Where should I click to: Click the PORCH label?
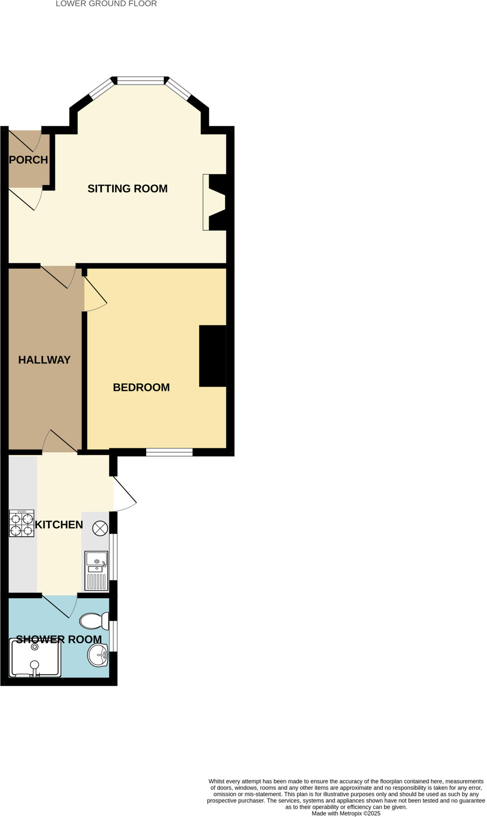click(28, 160)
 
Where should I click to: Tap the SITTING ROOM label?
click(127, 189)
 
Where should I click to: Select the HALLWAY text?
click(44, 360)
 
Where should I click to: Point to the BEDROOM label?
click(141, 387)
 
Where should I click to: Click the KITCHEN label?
click(59, 525)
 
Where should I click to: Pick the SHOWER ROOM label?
click(59, 639)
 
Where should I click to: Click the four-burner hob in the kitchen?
click(22, 523)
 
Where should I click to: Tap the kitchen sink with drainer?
click(96, 570)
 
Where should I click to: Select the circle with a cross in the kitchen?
click(100, 529)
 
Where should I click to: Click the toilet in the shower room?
click(94, 621)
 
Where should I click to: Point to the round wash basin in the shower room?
click(98, 655)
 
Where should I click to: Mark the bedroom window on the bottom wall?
click(169, 452)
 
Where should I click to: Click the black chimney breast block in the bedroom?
click(213, 356)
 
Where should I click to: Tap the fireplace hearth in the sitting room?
click(206, 202)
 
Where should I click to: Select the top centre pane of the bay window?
click(141, 81)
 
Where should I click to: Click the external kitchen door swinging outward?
click(125, 494)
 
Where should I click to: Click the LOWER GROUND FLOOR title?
click(106, 4)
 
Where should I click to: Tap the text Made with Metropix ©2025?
click(346, 813)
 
